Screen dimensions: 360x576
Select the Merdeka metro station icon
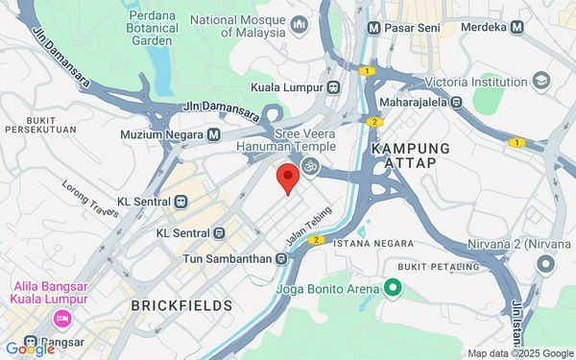coord(517,28)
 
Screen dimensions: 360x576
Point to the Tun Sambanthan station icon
coord(280,258)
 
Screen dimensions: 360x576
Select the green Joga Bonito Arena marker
coord(392,287)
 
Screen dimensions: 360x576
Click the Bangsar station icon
coord(31,340)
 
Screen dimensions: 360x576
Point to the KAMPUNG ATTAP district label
coord(410,156)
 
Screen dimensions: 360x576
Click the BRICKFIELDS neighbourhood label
coord(181,305)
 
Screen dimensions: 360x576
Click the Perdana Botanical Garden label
coord(152,28)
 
